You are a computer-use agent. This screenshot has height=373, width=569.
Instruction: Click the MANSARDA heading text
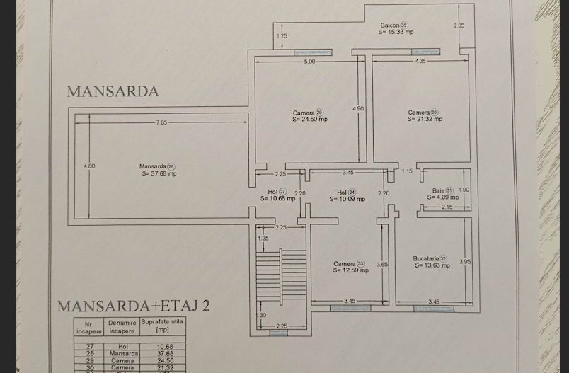click(x=113, y=91)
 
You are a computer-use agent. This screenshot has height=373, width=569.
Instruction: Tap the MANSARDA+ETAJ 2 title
click(x=133, y=306)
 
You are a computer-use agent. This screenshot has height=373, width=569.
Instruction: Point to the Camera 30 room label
click(x=425, y=115)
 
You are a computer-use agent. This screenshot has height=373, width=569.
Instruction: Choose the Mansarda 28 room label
click(x=158, y=169)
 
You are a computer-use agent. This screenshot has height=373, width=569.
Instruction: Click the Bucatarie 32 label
click(x=430, y=262)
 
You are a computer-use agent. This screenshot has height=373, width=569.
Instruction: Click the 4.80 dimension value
click(x=89, y=166)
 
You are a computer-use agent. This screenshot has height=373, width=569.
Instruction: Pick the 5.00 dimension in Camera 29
click(x=309, y=62)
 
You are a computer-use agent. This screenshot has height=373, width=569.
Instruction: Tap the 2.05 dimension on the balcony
click(x=459, y=25)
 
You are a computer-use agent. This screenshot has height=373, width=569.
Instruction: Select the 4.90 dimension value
click(x=358, y=108)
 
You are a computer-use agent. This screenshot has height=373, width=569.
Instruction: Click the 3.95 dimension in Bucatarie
click(x=464, y=262)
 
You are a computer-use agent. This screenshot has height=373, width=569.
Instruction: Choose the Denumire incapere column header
click(x=122, y=327)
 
